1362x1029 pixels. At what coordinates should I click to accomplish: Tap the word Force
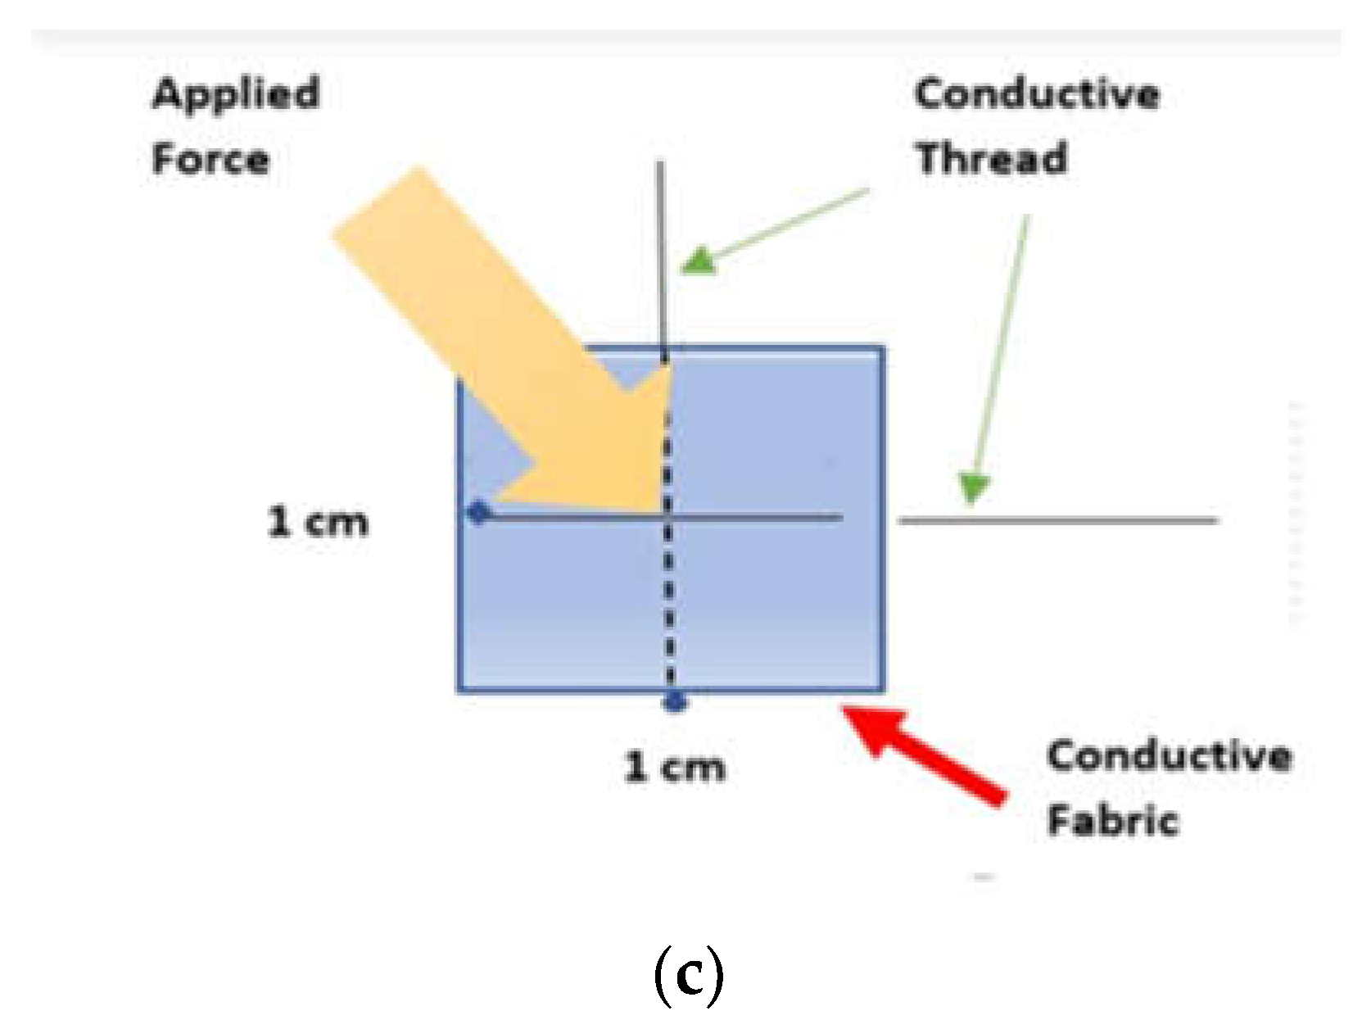(x=210, y=158)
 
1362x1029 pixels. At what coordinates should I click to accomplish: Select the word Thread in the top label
(x=992, y=158)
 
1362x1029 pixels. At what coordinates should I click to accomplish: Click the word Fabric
(x=1113, y=820)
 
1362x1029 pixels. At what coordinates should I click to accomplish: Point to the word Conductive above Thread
(x=1037, y=93)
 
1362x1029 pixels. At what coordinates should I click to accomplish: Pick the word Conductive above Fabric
(x=1170, y=755)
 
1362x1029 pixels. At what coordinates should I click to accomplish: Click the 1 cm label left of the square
(x=318, y=522)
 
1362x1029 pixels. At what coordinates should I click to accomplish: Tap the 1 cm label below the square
(x=675, y=767)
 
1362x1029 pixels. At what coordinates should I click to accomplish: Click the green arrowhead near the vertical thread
(x=698, y=261)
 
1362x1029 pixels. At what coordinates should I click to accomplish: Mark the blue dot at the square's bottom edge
(x=675, y=701)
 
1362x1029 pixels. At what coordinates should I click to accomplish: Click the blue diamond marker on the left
(x=478, y=514)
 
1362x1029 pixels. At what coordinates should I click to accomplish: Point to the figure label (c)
(x=689, y=975)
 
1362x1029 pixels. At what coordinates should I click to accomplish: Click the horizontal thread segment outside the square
(x=1057, y=520)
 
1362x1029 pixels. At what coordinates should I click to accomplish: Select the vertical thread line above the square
(x=661, y=254)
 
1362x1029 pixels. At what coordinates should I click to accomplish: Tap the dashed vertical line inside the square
(x=668, y=606)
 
